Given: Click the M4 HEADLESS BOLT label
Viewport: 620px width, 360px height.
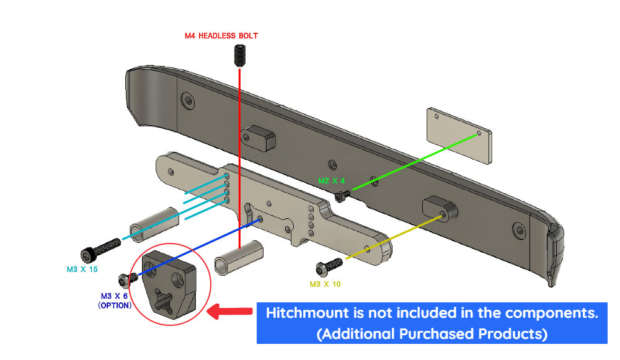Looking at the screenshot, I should click(x=221, y=36).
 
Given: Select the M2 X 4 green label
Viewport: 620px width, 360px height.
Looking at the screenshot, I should click(x=331, y=181).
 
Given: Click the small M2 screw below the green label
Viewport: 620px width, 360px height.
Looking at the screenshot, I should click(x=341, y=196).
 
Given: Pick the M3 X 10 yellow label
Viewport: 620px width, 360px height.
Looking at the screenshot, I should click(x=325, y=284).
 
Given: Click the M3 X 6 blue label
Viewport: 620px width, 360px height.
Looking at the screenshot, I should click(x=116, y=296).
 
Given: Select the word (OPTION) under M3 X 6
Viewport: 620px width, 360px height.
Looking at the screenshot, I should click(x=115, y=305).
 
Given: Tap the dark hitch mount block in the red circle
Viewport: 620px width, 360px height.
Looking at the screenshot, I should click(x=169, y=281).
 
